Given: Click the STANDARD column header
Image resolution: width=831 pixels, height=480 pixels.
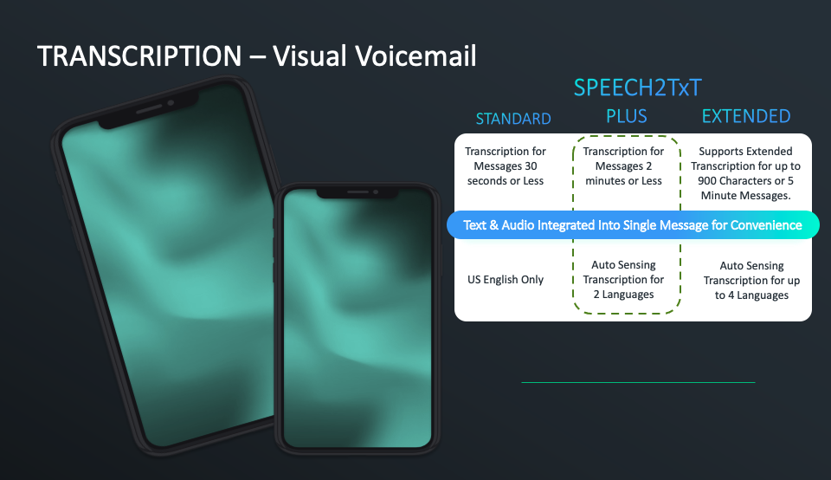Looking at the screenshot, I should pyautogui.click(x=513, y=119).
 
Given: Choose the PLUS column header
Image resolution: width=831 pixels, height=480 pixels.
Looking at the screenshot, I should pyautogui.click(x=627, y=116).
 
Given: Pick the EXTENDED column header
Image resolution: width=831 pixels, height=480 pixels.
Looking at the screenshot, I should pyautogui.click(x=746, y=116).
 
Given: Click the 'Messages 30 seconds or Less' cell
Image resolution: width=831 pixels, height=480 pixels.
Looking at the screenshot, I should pyautogui.click(x=506, y=166).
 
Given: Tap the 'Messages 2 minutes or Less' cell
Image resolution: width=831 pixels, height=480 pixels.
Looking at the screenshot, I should pyautogui.click(x=623, y=166).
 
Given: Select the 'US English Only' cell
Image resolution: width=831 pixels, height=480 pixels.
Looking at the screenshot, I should pyautogui.click(x=506, y=280).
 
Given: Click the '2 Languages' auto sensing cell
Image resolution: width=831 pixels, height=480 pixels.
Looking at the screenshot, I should pyautogui.click(x=623, y=280).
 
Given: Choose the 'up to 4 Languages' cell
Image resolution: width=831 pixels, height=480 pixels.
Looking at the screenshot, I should pyautogui.click(x=751, y=281).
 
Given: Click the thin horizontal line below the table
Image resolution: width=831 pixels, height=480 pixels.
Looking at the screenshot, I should pyautogui.click(x=638, y=382).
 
